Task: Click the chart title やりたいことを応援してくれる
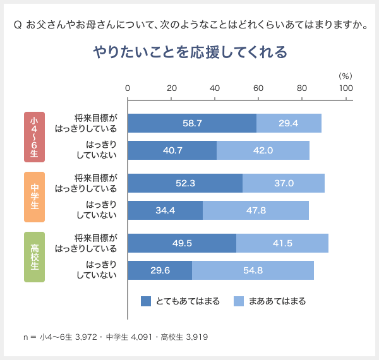189,52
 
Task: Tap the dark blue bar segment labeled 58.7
192,123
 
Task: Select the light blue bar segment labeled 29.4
289,123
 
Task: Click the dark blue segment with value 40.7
172,150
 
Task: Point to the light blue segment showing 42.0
263,150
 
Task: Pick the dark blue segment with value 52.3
185,183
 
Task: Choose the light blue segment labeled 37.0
284,183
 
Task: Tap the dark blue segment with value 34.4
165,210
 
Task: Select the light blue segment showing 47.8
256,210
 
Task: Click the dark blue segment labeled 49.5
182,243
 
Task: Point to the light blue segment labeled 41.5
282,243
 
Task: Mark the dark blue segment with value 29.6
160,270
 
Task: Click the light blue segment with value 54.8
253,270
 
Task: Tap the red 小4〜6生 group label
34,136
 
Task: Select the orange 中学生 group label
34,196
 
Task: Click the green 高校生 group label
34,256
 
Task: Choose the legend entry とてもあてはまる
180,301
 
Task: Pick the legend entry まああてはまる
270,301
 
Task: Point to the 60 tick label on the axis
258,88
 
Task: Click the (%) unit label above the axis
345,75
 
